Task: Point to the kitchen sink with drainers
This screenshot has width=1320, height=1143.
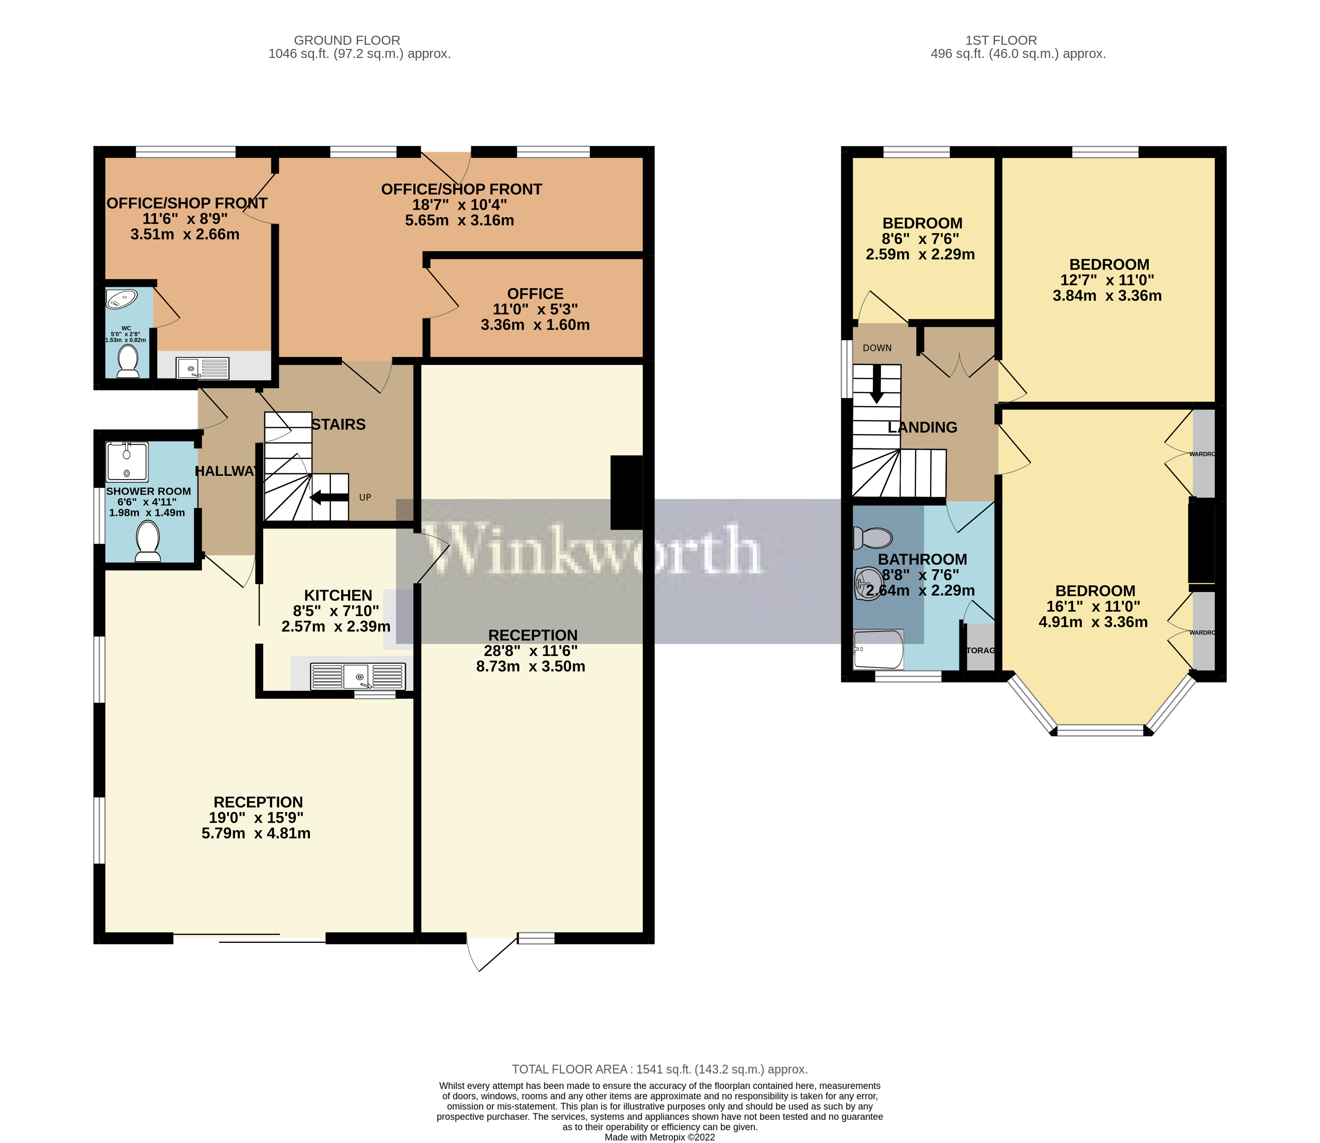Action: point(358,676)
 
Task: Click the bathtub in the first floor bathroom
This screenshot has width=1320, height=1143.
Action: point(878,649)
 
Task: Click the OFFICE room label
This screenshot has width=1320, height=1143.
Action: point(535,294)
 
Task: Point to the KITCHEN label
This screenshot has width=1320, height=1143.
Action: point(338,595)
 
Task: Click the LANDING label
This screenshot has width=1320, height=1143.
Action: point(923,427)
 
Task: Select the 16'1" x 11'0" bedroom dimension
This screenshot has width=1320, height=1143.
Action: point(1093,607)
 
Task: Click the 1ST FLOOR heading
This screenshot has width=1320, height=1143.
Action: point(1001,40)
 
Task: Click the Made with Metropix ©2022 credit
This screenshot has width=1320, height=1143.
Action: point(660,1137)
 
